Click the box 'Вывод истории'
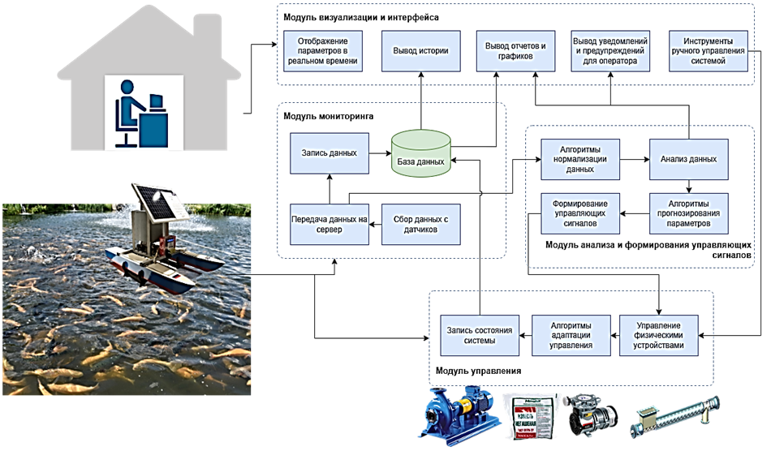tap(421, 51)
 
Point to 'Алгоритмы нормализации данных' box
tap(579, 160)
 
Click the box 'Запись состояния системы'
tap(478, 334)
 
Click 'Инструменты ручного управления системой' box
tap(707, 51)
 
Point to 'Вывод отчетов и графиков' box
tap(515, 51)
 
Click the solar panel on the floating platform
tap(154, 199)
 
